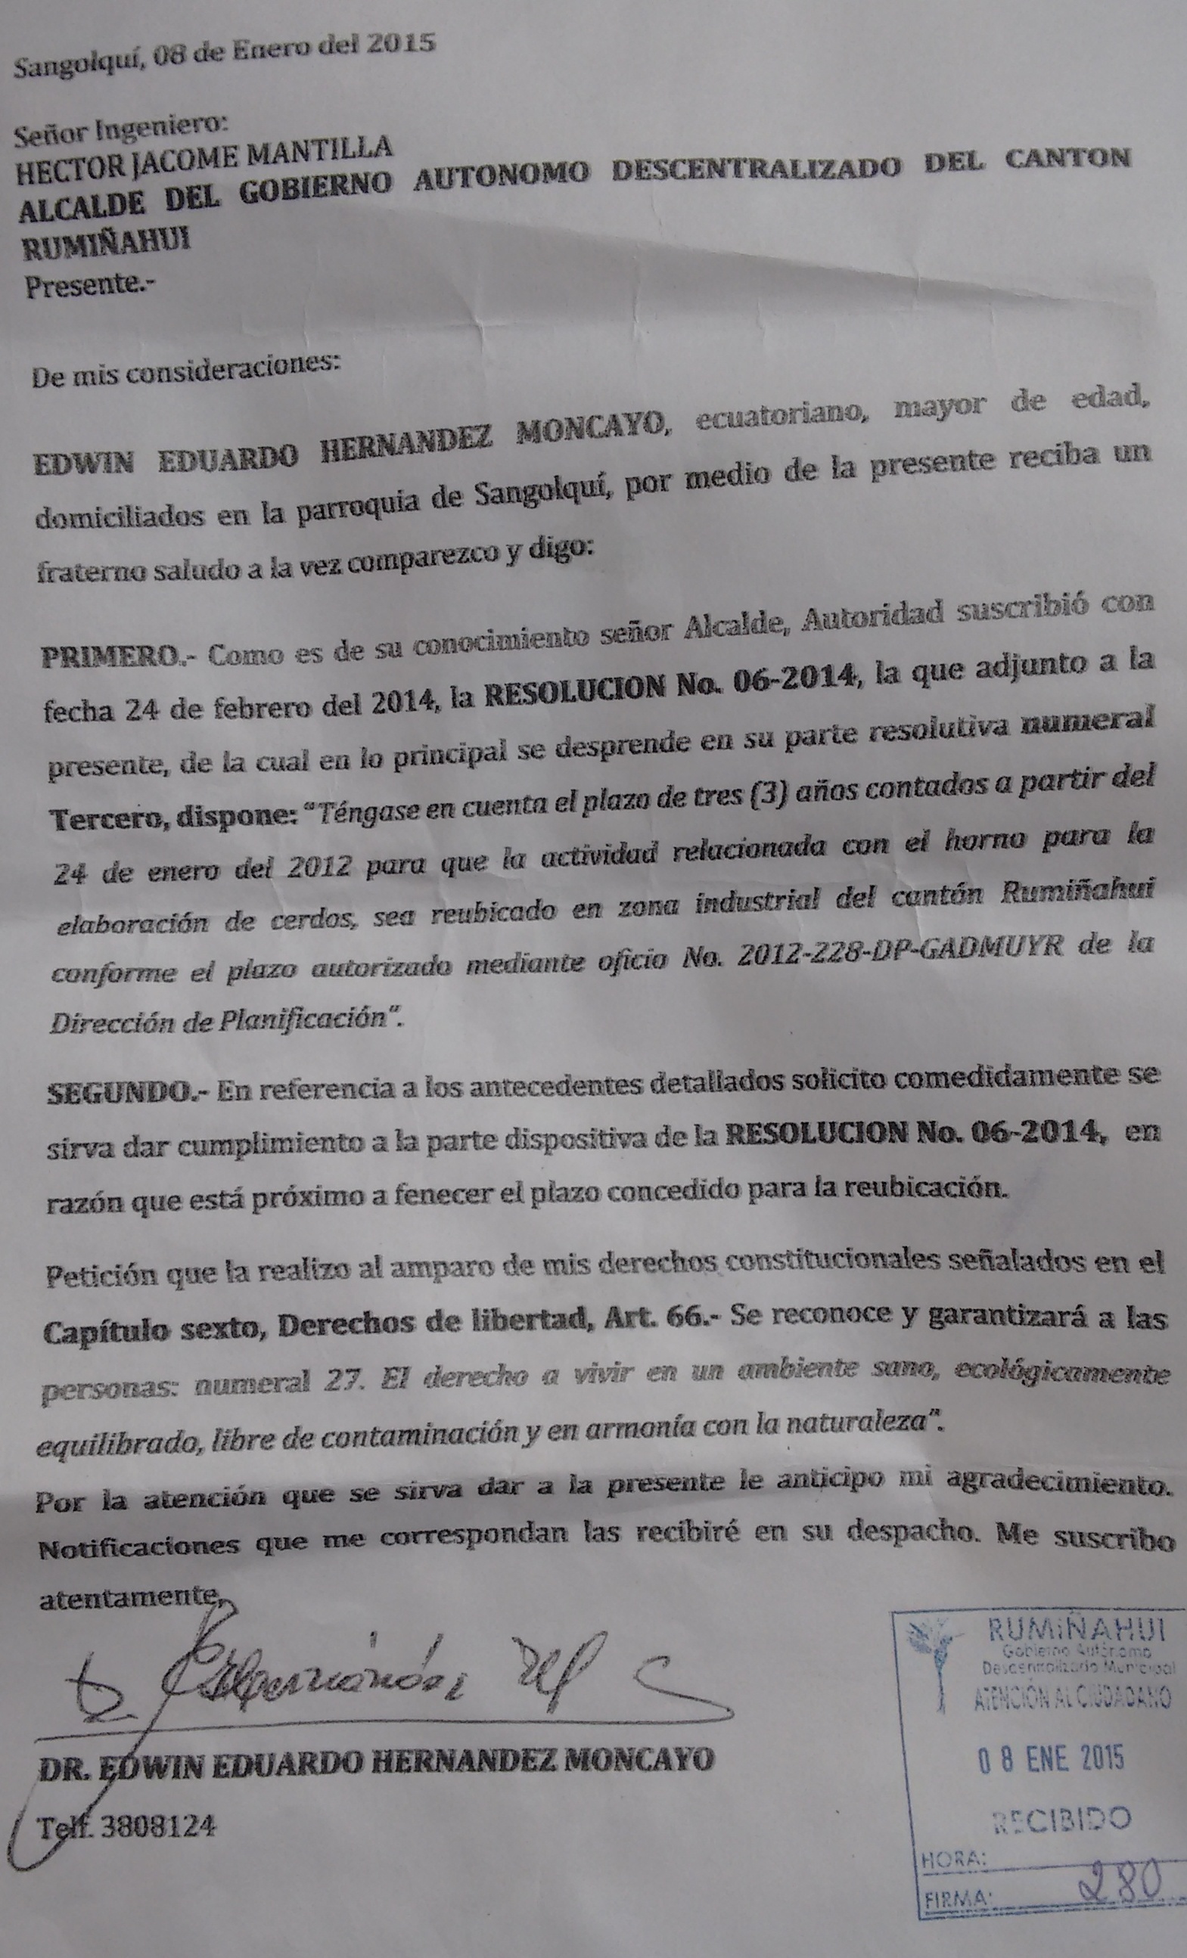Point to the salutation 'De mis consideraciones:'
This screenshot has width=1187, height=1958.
[185, 367]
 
